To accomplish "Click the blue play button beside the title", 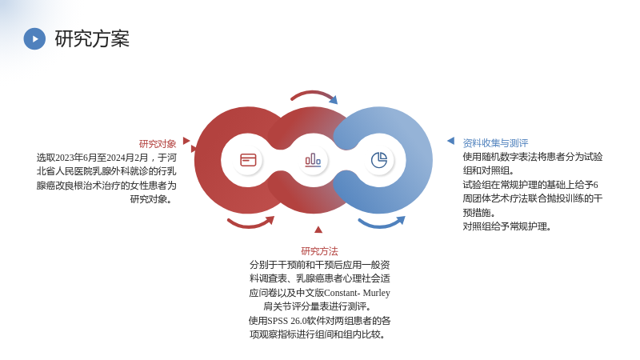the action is pyautogui.click(x=34, y=38).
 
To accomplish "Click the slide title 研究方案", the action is pyautogui.click(x=92, y=38).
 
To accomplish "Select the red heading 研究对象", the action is pyautogui.click(x=158, y=144).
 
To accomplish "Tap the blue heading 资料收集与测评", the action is pyautogui.click(x=495, y=143).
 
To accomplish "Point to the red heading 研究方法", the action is pyautogui.click(x=319, y=251).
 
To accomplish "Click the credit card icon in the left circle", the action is pyautogui.click(x=248, y=160).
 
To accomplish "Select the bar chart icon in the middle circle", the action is pyautogui.click(x=313, y=160).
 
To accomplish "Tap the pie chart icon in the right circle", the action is pyautogui.click(x=379, y=160).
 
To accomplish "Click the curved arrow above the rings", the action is pyautogui.click(x=313, y=93).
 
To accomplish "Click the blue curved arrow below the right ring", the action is pyautogui.click(x=381, y=224).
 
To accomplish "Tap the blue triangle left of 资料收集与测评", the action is pyautogui.click(x=451, y=141).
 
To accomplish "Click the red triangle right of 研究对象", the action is pyautogui.click(x=186, y=141).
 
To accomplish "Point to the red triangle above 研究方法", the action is pyautogui.click(x=318, y=230).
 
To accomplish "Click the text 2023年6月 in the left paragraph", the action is pyautogui.click(x=74, y=158).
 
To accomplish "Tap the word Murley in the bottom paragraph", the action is pyautogui.click(x=376, y=293).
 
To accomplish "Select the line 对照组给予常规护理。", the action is pyautogui.click(x=507, y=226).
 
